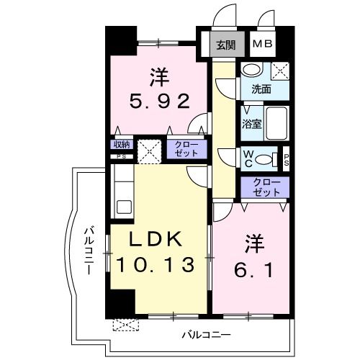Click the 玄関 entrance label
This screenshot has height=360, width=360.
[x=225, y=45]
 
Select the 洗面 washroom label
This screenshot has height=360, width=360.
[x=261, y=89]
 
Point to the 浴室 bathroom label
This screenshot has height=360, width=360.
[x=251, y=124]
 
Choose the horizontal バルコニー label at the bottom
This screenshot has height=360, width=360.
[x=205, y=335]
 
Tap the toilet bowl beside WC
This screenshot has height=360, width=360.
[x=264, y=159]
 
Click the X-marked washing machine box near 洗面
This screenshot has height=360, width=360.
[x=281, y=71]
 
